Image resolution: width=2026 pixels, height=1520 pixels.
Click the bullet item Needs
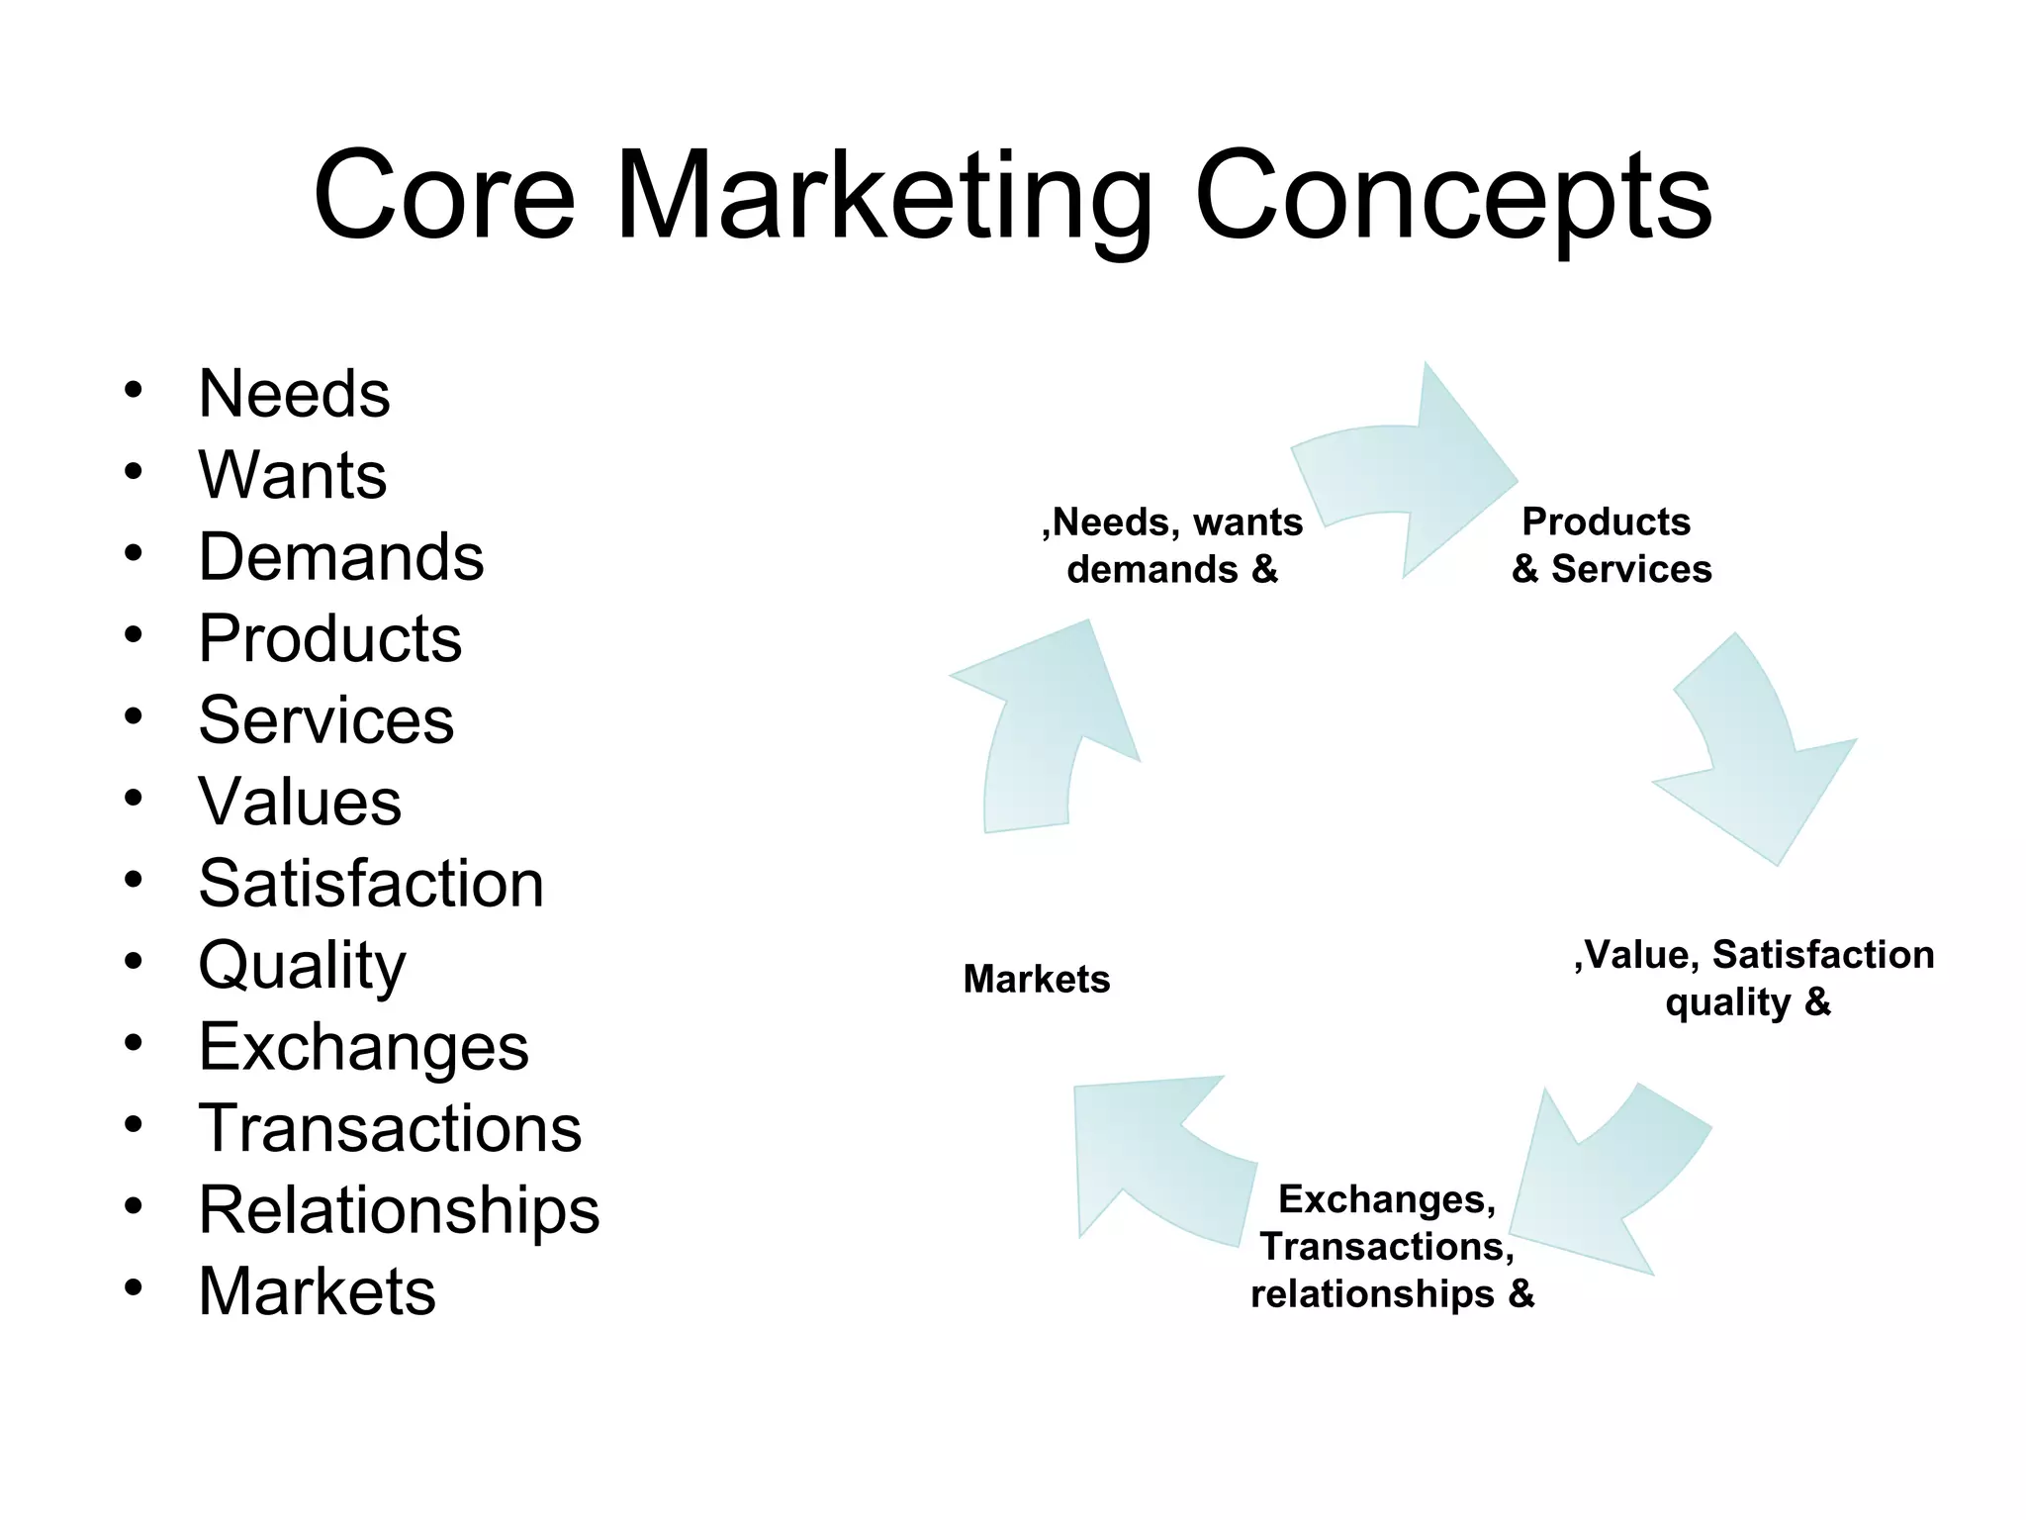point(294,394)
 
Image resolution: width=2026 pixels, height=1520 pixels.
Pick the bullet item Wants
point(292,475)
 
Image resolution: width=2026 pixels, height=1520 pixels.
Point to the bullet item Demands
point(340,556)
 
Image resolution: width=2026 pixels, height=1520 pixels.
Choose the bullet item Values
point(300,801)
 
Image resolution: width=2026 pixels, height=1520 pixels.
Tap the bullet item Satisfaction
point(371,883)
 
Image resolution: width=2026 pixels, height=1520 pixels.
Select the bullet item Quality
point(302,966)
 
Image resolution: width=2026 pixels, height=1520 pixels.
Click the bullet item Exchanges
point(363,1047)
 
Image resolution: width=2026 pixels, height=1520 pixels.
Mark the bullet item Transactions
point(390,1128)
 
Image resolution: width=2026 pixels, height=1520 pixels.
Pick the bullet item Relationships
point(399,1209)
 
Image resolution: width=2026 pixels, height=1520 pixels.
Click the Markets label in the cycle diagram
point(1036,980)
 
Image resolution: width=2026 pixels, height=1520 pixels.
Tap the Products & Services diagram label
point(1611,545)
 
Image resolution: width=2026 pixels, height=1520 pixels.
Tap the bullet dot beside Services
point(134,715)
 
